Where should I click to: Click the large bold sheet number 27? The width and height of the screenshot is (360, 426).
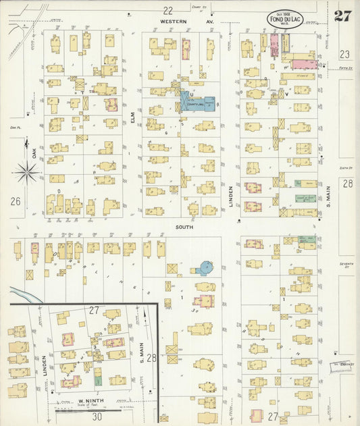coord(342,16)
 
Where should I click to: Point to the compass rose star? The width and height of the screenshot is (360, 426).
coord(27,174)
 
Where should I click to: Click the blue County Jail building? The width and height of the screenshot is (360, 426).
coord(197,103)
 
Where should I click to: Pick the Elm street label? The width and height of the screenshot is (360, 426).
coord(133,117)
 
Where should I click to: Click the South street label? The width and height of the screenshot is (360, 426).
coord(184,228)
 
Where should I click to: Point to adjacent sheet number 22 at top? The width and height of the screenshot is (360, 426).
coord(168,9)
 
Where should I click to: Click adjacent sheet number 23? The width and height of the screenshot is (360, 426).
coord(345,55)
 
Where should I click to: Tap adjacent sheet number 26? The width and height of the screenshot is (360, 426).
coord(16,201)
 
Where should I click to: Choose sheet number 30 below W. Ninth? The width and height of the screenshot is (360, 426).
coord(97,417)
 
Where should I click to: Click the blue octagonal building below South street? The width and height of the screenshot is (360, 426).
coord(203,268)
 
